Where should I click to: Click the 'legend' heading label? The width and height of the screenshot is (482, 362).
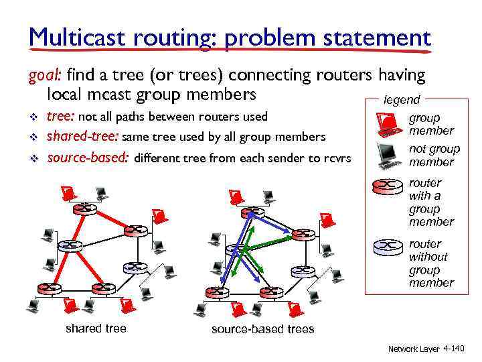coord(401,100)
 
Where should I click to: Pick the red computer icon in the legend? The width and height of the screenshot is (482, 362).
coord(388,123)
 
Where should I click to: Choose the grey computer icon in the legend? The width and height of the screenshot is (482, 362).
coord(388,155)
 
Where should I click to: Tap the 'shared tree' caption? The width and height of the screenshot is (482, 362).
coord(96,328)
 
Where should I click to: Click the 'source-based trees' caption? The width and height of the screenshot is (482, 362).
coord(262,328)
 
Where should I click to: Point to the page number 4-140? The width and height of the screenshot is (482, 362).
coord(453,349)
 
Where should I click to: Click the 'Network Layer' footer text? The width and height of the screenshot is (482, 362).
coord(414,349)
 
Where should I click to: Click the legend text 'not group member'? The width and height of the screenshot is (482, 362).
coord(434,155)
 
